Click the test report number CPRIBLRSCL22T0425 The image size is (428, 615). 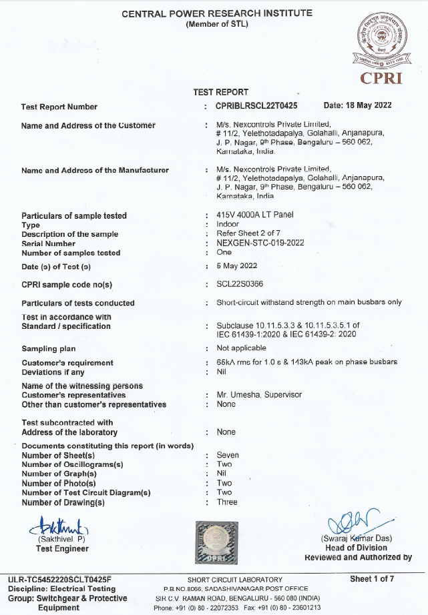pos(257,105)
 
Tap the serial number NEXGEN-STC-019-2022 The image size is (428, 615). pos(260,243)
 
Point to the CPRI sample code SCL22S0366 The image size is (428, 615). pos(240,284)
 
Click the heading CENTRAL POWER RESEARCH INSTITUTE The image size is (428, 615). pos(216,13)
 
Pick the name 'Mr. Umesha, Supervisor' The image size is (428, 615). pos(259,395)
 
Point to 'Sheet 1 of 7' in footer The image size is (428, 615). pos(372,578)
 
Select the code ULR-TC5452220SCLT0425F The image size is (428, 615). pos(59,579)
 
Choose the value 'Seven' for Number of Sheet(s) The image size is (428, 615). pos(228,455)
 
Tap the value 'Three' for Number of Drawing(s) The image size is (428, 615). pos(227,502)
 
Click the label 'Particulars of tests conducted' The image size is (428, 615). pos(78,303)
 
